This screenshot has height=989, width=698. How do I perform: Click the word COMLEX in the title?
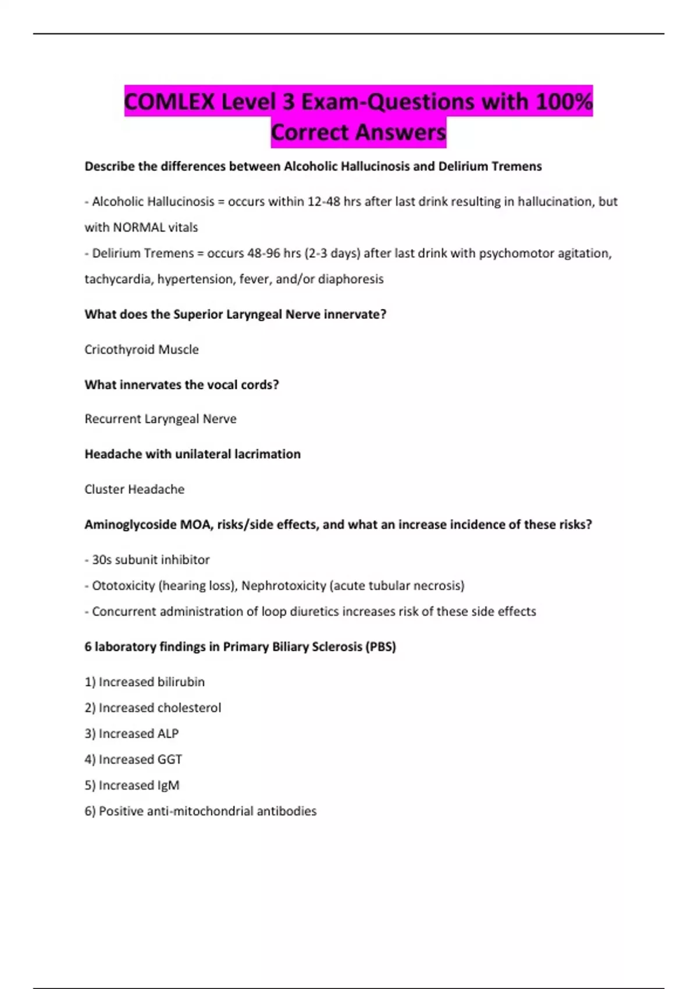169,102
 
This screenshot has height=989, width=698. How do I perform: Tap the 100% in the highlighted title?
564,102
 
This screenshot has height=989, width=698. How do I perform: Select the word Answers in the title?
401,133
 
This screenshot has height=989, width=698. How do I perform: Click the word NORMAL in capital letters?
138,227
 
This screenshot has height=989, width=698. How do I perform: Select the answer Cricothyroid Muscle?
141,350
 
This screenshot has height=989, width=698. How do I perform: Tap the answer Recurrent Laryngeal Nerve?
161,419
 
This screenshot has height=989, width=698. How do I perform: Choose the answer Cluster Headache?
134,489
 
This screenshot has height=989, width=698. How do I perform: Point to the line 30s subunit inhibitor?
150,560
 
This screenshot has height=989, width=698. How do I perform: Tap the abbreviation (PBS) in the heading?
380,647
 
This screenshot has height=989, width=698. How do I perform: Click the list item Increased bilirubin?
151,682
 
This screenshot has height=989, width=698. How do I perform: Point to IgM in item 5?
168,785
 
